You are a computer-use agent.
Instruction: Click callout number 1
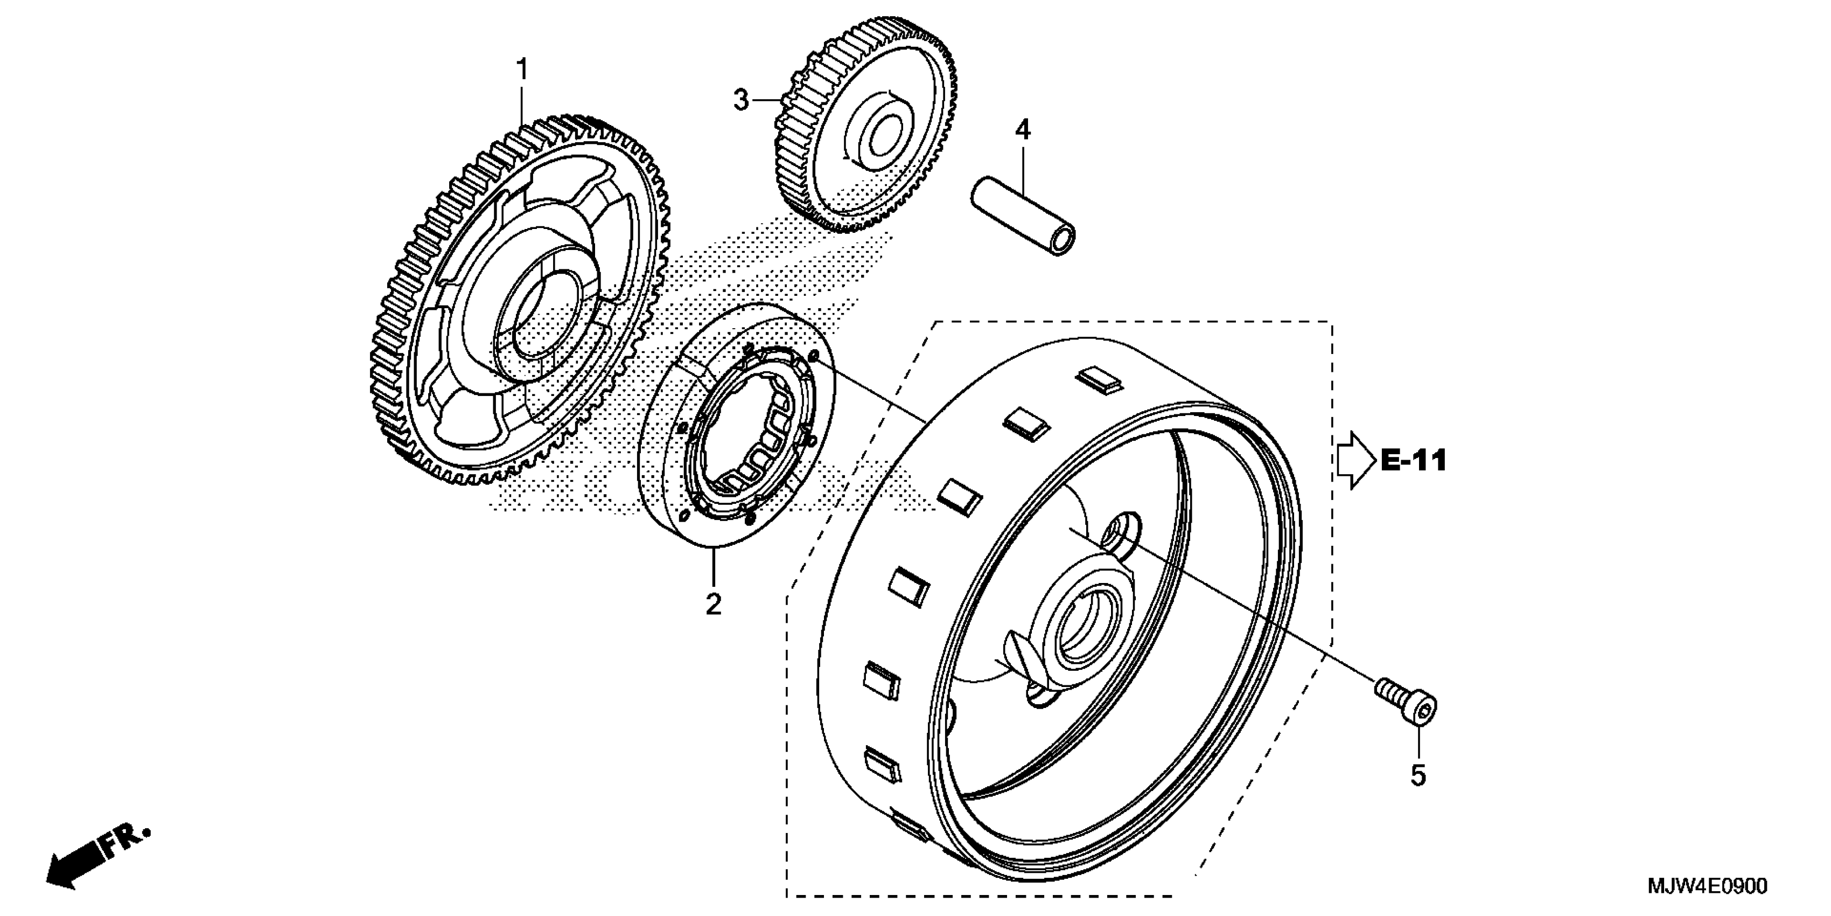tap(522, 71)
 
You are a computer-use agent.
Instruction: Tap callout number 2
tap(713, 604)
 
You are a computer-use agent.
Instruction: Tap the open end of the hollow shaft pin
tap(1063, 240)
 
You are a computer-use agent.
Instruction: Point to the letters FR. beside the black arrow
tap(127, 841)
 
